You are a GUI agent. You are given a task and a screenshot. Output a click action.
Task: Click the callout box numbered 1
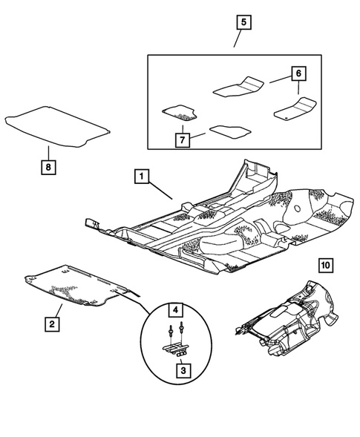click(x=141, y=177)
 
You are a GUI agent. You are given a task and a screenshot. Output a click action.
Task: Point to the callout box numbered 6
click(x=297, y=73)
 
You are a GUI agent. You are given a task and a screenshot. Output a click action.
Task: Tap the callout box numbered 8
click(x=47, y=168)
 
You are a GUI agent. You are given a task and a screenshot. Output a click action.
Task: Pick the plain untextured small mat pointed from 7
click(x=226, y=133)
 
